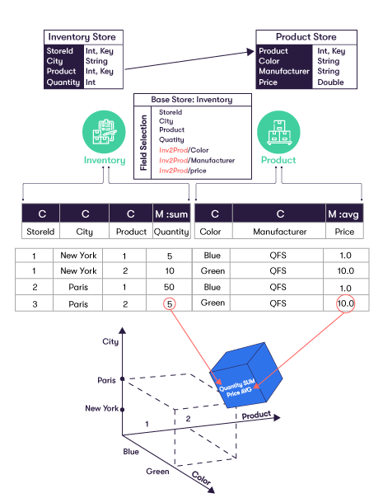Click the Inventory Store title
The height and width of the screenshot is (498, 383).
coord(86,37)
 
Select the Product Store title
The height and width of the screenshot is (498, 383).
coord(306,37)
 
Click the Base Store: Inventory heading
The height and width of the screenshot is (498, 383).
coord(191,100)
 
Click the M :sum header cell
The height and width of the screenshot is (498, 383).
coord(171,214)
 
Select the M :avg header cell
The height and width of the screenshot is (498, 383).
coord(344,214)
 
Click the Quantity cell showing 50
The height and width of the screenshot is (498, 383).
coord(170,287)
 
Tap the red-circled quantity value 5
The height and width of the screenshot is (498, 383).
coord(170,303)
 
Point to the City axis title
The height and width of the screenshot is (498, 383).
coord(111,341)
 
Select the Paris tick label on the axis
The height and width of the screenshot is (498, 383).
coord(106,380)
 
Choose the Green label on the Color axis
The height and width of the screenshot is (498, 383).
coord(158,471)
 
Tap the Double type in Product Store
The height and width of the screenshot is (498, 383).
coord(329,82)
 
